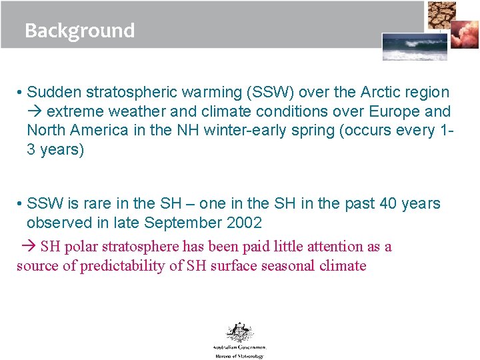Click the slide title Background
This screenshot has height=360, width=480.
pyautogui.click(x=79, y=31)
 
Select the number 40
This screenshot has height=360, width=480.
pyautogui.click(x=389, y=203)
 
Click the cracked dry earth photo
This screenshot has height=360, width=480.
pyautogui.click(x=441, y=15)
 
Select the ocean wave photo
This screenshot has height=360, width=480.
pyautogui.click(x=405, y=47)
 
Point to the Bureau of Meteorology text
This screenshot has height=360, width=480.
pyautogui.click(x=239, y=356)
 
